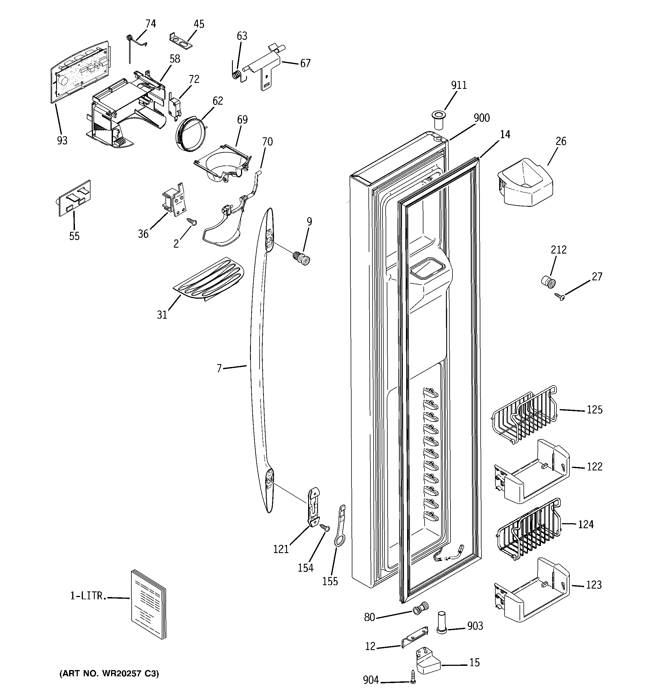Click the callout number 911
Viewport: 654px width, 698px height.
coord(459,85)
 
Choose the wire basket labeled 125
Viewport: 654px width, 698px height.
coord(523,414)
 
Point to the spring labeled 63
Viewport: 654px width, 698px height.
coord(238,75)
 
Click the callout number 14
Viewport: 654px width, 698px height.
coord(505,135)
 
